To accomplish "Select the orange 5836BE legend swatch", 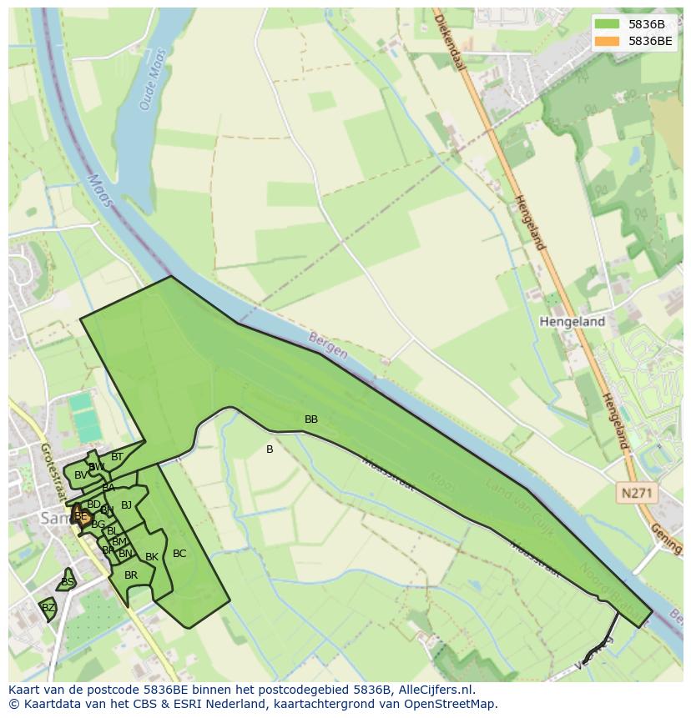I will point(607,41).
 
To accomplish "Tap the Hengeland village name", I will point(572,321).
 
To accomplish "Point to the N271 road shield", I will point(637,493).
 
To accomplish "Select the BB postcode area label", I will point(311,419).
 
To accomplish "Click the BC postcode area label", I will point(179,554).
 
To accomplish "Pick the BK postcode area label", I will point(152,557).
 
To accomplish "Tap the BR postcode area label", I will point(131,575).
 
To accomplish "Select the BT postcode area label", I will point(117,457).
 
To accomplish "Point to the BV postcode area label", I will point(80,475).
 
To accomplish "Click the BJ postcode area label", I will point(126,505).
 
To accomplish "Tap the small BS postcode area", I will point(68,581).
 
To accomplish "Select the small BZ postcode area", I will point(48,608).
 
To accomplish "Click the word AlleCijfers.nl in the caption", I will point(435,690).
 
